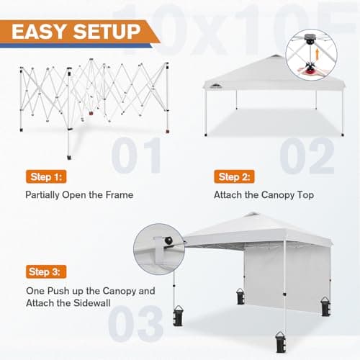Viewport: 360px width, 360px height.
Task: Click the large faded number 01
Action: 138,155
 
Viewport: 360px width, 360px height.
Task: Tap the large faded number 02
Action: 306,155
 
